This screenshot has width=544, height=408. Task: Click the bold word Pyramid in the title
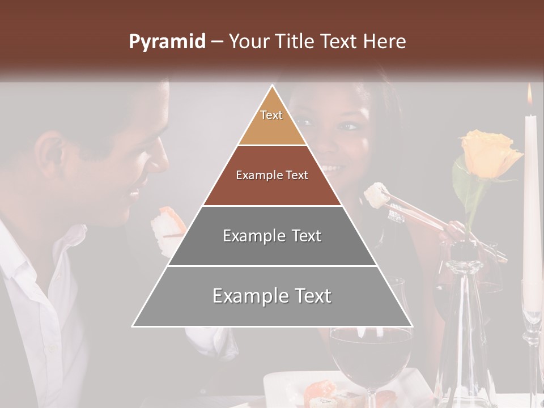pos(167,42)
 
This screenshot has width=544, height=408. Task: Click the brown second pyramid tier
pos(272,176)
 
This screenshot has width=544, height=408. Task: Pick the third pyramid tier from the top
pos(272,236)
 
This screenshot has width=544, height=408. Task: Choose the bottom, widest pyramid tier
pos(272,296)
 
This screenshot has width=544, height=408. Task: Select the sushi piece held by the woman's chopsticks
pos(375,194)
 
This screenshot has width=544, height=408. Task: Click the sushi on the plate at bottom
pos(320,391)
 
